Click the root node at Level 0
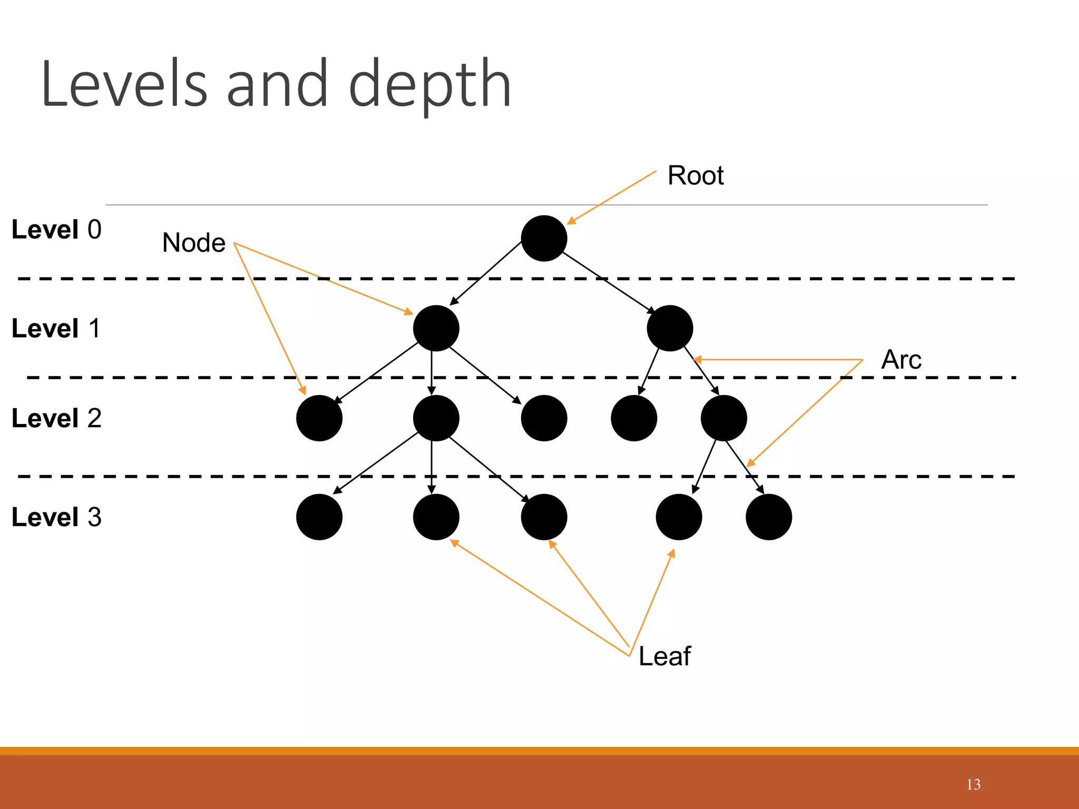point(544,238)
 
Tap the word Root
point(695,175)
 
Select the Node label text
point(193,243)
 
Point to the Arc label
point(901,360)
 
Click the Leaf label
point(664,656)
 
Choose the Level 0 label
point(56,230)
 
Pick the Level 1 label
point(56,329)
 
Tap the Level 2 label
point(56,418)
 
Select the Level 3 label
point(56,517)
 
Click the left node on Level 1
point(436,328)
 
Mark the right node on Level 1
point(670,328)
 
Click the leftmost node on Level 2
point(319,418)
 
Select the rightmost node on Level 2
point(723,418)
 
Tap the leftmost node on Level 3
point(319,517)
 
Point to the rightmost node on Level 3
point(769,517)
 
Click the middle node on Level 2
point(544,418)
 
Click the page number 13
point(973,785)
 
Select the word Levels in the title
point(124,84)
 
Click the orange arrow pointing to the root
point(611,198)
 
